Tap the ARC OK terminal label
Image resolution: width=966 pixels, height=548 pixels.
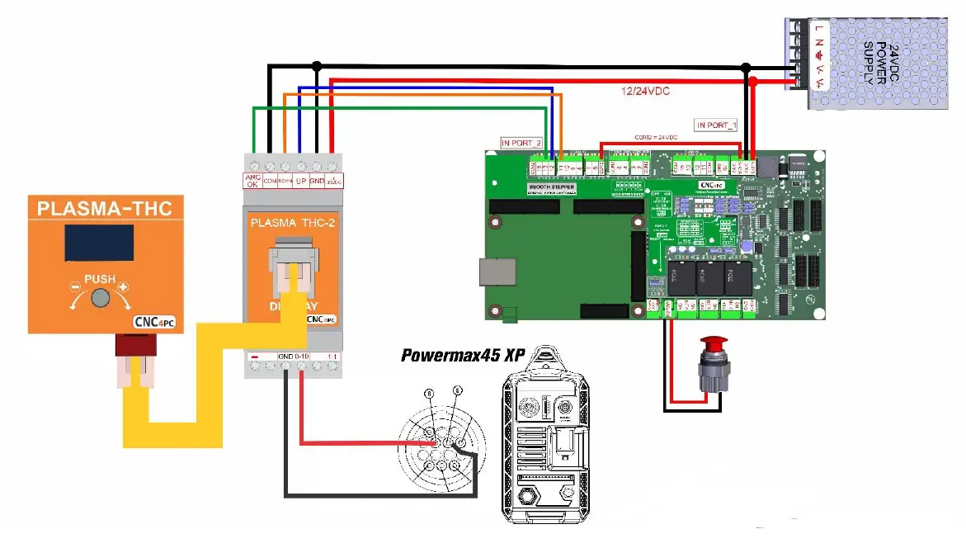point(253,181)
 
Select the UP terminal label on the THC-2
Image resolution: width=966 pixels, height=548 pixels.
point(301,180)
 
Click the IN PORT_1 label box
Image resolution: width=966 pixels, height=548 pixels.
point(715,125)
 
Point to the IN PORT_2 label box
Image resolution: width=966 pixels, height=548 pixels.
point(521,143)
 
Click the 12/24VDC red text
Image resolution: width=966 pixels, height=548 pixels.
point(645,92)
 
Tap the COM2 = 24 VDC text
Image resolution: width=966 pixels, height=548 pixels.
point(656,137)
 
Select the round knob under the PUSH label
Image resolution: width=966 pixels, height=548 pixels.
point(101,299)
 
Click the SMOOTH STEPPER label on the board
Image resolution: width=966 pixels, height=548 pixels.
point(551,187)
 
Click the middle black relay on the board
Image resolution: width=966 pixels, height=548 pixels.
point(709,278)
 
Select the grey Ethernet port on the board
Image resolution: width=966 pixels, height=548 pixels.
point(497,272)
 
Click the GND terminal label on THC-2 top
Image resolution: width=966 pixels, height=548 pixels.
point(317,180)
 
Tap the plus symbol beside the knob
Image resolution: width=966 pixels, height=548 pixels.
point(125,287)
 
